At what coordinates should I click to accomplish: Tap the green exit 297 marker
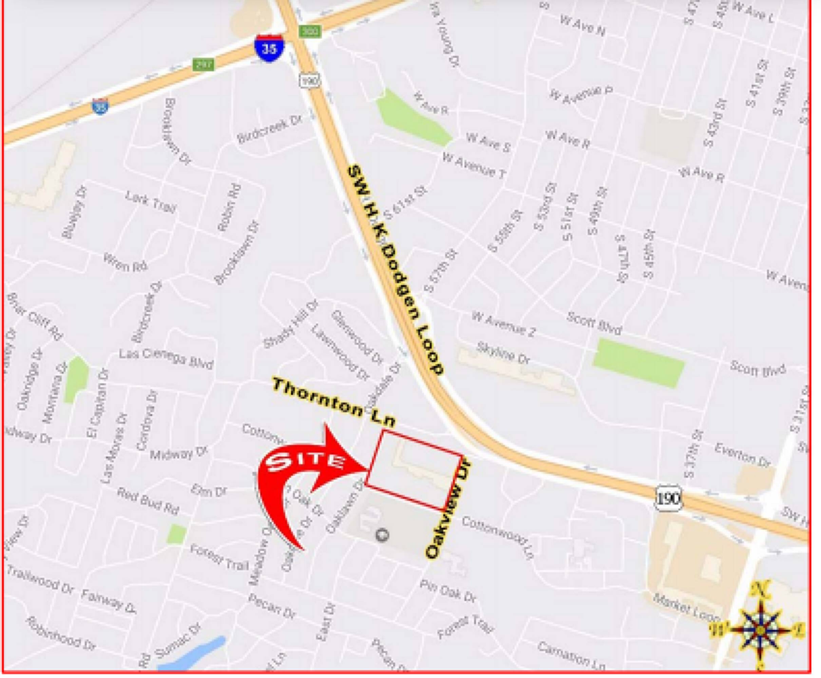pyautogui.click(x=203, y=64)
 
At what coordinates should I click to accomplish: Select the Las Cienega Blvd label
pyautogui.click(x=167, y=359)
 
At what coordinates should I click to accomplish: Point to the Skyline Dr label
pyautogui.click(x=502, y=353)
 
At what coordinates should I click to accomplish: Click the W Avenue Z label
pyautogui.click(x=503, y=323)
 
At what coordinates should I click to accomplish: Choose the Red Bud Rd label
pyautogui.click(x=148, y=501)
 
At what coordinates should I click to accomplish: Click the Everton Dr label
pyautogui.click(x=742, y=455)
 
